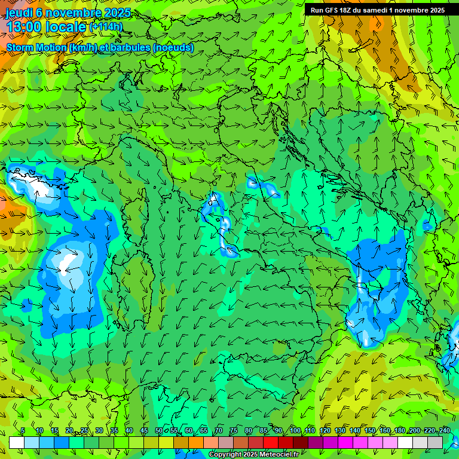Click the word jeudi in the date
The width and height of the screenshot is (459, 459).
19,13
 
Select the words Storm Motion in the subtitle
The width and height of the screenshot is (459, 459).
35,48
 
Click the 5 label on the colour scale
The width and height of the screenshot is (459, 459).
23,431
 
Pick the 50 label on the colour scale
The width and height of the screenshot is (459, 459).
158,431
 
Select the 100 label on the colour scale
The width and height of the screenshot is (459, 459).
295,431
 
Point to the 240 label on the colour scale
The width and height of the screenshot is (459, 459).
445,431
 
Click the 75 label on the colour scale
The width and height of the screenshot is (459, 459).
234,431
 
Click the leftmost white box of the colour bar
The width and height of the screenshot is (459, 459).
17,442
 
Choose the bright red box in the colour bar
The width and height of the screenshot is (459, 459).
271,442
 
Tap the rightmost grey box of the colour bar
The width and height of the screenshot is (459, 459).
435,442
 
